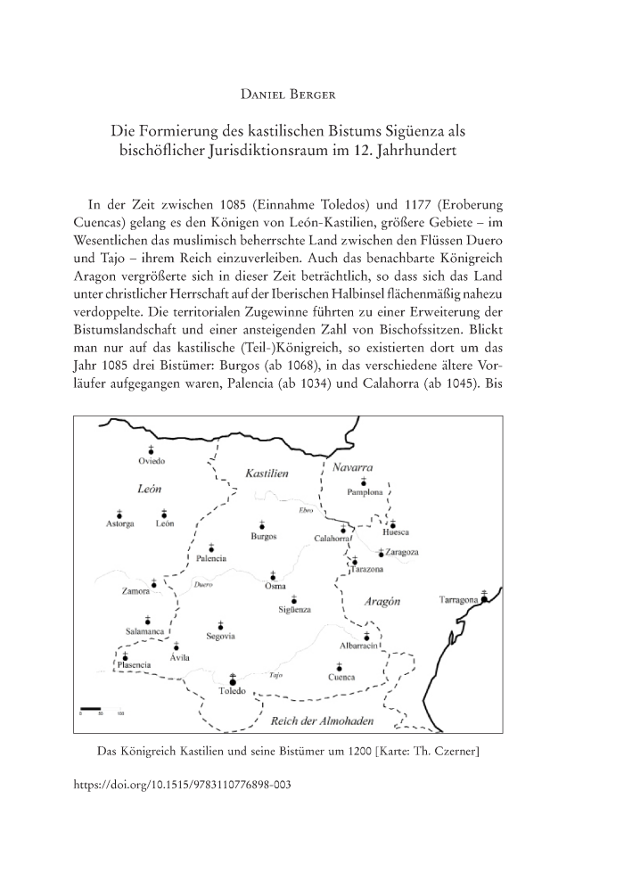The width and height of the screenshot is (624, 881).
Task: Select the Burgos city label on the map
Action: (x=263, y=537)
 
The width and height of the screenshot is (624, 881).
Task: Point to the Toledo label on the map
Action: (x=233, y=692)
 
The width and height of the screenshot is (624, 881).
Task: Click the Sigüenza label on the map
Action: (x=294, y=609)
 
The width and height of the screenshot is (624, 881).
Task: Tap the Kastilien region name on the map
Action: (x=266, y=473)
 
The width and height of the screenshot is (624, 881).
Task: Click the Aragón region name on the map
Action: (x=383, y=602)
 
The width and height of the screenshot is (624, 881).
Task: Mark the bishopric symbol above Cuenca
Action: (x=339, y=665)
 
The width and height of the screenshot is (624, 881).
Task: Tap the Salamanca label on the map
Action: (x=142, y=631)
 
